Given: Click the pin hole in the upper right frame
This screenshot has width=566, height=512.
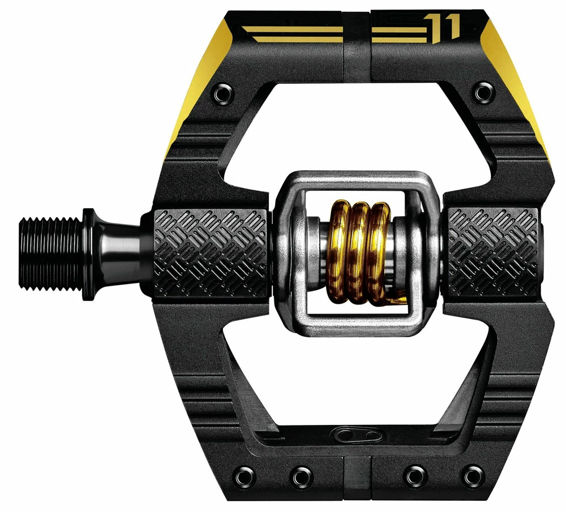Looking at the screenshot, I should pyautogui.click(x=483, y=91).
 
